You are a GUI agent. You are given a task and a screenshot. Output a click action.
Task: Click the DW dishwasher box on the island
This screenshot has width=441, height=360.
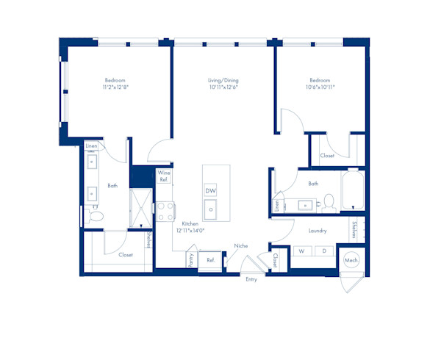211,190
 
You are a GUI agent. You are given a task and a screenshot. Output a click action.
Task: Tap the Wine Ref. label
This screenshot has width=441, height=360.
164,176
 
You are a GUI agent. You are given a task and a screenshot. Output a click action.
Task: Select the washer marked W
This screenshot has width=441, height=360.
302,251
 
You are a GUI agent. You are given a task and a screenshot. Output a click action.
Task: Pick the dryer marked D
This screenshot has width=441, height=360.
324,251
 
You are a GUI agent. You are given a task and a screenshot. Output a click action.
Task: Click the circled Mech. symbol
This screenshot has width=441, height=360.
351,260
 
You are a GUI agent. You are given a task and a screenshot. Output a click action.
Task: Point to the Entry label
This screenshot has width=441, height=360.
251,279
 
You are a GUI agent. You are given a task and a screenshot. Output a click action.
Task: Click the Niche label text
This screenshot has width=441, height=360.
241,246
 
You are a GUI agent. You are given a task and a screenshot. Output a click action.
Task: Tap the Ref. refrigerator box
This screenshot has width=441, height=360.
210,261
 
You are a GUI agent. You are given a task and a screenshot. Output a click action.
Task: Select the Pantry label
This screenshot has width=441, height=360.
191,260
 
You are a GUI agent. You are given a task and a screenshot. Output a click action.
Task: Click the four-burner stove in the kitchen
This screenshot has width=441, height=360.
165,212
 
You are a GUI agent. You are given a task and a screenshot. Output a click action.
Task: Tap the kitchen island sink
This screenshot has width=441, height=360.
210,209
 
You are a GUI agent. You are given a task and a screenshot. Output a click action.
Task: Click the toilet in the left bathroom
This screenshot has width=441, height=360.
94,216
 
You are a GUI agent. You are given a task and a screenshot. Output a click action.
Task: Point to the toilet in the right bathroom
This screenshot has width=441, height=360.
329,203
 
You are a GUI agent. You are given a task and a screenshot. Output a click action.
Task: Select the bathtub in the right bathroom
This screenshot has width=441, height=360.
354,189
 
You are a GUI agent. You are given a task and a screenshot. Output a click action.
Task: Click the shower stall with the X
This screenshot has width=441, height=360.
141,208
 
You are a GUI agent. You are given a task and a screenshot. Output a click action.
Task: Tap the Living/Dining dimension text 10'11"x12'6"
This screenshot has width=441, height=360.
223,87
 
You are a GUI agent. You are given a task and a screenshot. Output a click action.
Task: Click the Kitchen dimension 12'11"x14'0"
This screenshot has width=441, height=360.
190,231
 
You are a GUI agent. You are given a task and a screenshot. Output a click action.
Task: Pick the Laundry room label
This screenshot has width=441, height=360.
318,231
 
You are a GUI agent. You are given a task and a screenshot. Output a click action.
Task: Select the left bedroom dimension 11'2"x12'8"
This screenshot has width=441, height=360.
115,87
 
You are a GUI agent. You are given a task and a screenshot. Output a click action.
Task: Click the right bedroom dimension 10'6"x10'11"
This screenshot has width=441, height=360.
320,87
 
